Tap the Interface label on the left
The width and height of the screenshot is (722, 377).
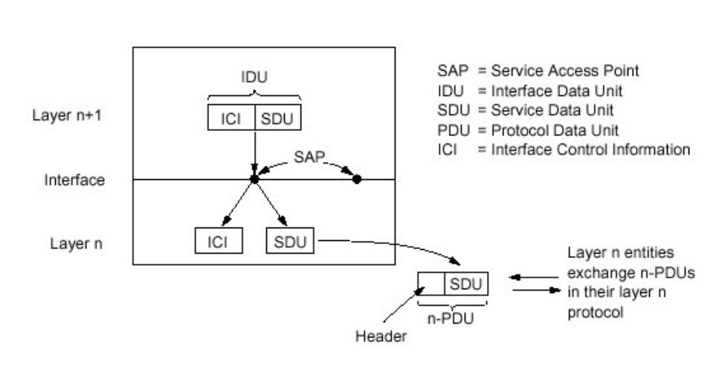point(74,180)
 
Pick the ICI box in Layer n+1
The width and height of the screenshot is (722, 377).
point(231,118)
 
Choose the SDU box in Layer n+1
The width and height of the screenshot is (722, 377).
point(278,118)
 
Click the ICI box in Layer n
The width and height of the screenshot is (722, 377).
point(218,242)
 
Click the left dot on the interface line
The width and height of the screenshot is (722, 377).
point(254,179)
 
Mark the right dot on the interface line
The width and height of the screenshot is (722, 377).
point(357,179)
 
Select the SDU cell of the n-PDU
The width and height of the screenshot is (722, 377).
point(466,283)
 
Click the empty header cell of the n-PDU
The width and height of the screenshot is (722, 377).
point(431,283)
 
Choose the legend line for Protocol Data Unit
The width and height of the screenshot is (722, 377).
point(536,131)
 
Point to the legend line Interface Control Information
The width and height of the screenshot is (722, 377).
point(563,150)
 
